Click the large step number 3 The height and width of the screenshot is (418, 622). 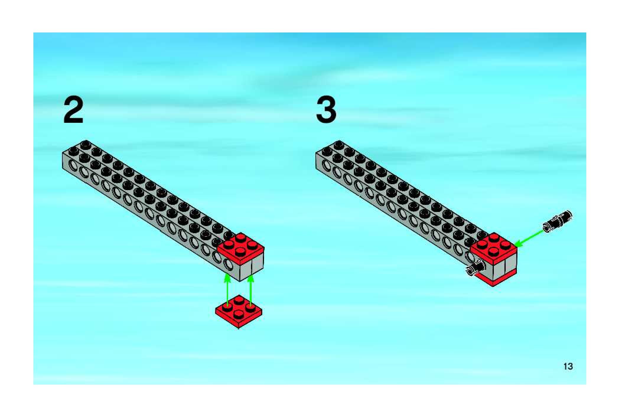coord(326,110)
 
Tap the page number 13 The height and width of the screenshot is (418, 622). coord(568,366)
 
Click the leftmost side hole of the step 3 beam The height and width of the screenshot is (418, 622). coord(326,166)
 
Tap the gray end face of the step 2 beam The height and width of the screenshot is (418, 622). coord(252,269)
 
